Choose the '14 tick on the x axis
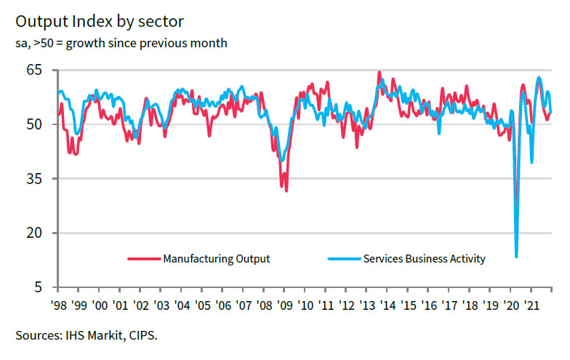pos(388,305)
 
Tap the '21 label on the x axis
pos(532,305)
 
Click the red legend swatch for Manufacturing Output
pos(144,259)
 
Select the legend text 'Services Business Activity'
pos(423,259)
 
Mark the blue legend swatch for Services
pos(343,259)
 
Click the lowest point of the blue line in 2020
pos(516,256)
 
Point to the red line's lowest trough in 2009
pos(286,191)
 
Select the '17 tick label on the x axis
pos(450,305)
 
